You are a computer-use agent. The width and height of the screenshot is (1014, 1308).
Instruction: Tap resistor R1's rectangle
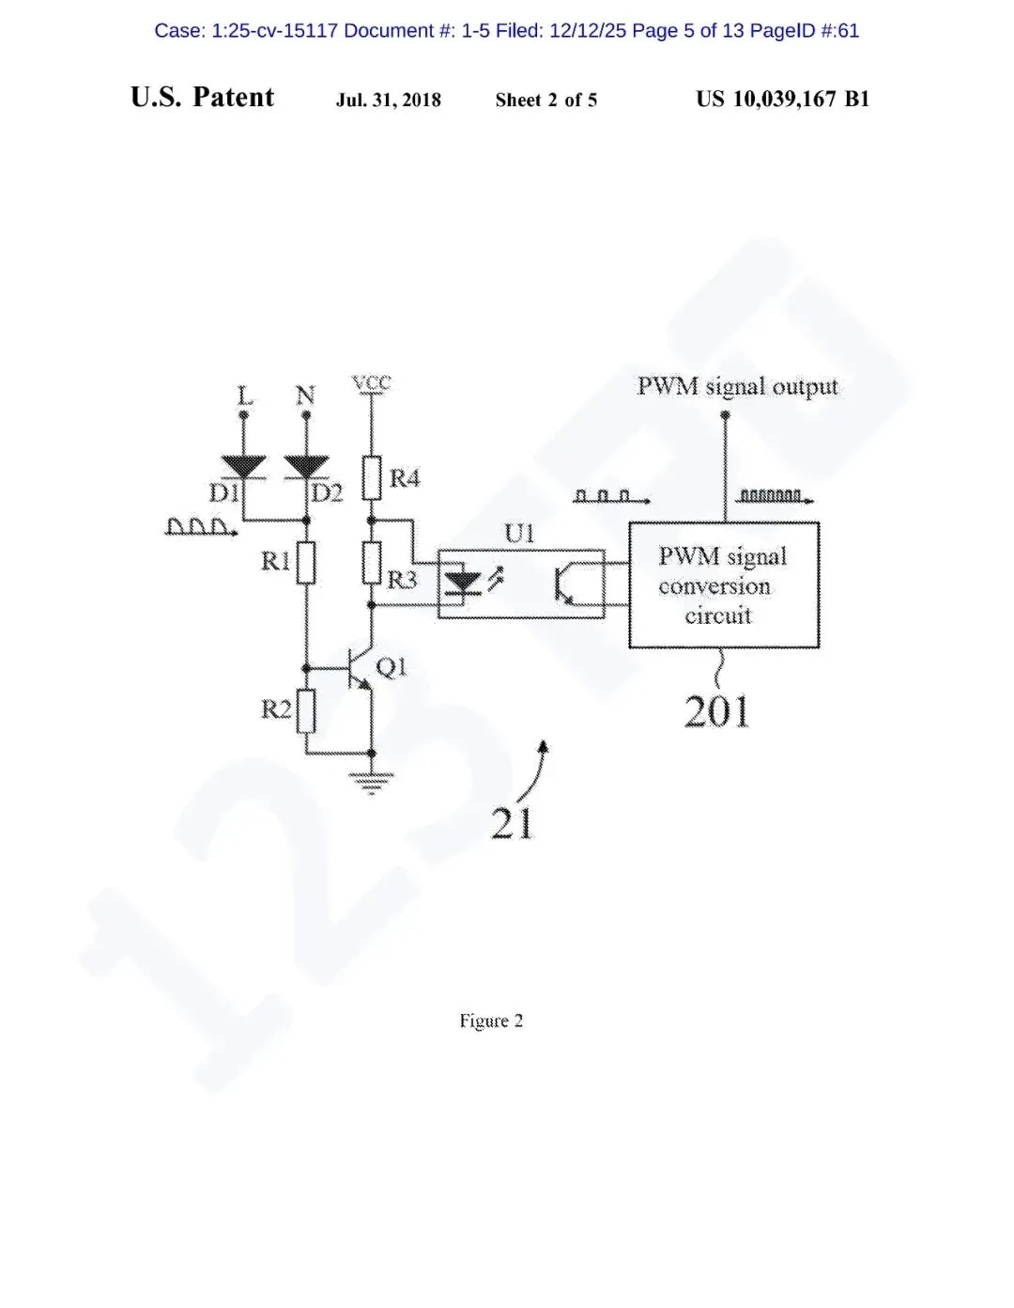click(x=306, y=563)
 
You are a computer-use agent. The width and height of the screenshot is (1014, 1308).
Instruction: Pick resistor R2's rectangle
click(x=306, y=710)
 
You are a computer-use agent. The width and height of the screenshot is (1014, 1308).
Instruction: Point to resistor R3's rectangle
click(x=372, y=563)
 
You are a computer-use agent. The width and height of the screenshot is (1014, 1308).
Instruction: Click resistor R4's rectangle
click(x=372, y=477)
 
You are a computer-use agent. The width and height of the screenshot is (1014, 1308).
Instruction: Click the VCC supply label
click(x=372, y=383)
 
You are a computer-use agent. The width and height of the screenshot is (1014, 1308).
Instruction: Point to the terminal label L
click(x=244, y=396)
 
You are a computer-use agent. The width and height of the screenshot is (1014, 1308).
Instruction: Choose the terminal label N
click(x=306, y=396)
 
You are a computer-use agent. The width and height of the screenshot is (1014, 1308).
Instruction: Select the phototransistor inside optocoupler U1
click(x=566, y=584)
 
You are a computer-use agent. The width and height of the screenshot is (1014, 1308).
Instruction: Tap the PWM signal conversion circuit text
click(x=721, y=585)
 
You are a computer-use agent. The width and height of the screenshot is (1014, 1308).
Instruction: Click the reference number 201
click(x=717, y=711)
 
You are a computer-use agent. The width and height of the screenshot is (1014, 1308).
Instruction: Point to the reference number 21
click(x=512, y=824)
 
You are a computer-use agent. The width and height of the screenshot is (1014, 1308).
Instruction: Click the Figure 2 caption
click(x=491, y=1020)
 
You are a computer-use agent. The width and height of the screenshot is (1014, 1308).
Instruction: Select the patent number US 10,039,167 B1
click(x=782, y=99)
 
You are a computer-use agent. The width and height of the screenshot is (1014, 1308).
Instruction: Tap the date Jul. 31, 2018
click(x=389, y=100)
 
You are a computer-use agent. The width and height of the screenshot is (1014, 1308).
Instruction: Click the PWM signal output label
click(x=737, y=386)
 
